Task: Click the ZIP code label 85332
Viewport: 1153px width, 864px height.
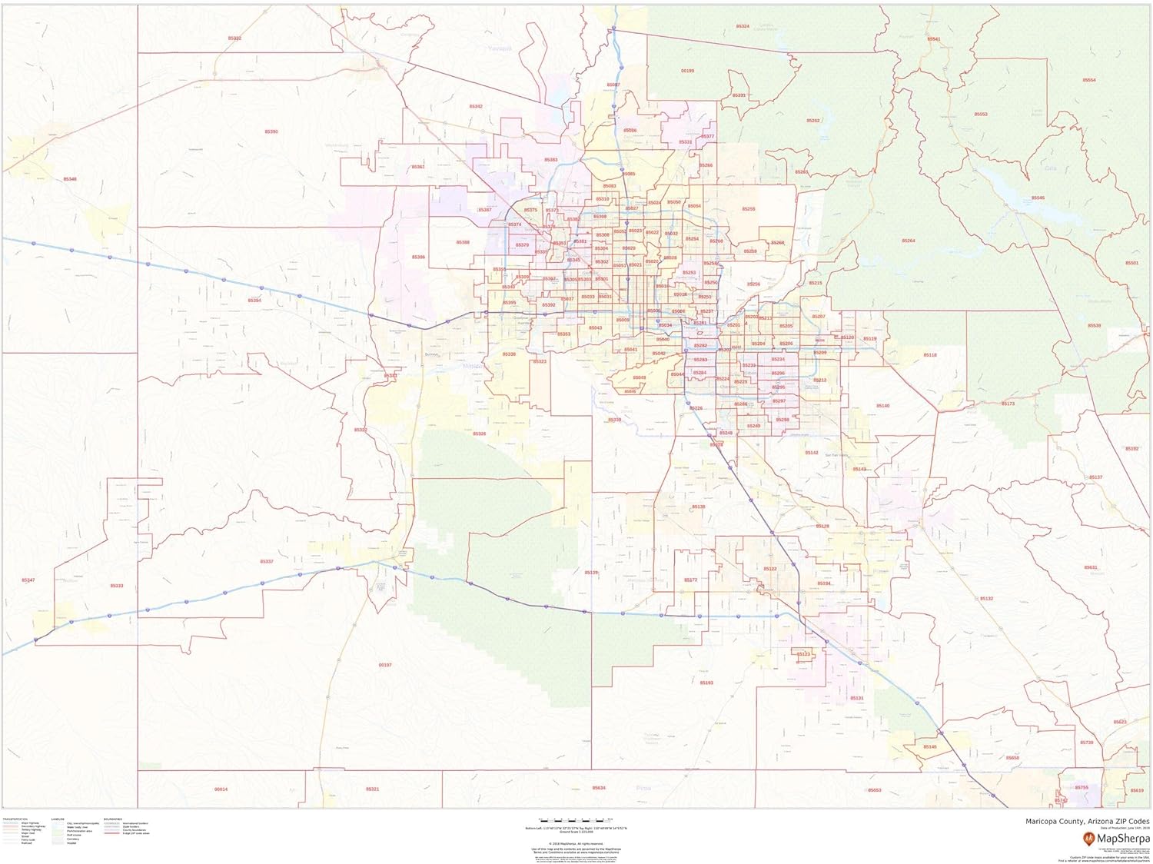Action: [x=234, y=38]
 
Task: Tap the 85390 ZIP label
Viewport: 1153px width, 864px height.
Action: [x=271, y=131]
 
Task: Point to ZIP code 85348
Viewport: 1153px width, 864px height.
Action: [x=70, y=179]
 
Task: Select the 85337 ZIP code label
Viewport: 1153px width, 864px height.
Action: [x=267, y=562]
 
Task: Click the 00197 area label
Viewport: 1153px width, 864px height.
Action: [x=385, y=665]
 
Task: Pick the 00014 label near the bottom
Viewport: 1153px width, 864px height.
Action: [x=221, y=789]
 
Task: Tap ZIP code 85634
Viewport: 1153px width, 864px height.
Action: [x=599, y=788]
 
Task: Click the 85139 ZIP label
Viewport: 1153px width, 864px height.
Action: [x=590, y=573]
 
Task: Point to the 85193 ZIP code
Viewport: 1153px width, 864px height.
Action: [x=706, y=683]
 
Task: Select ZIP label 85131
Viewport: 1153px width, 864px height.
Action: [x=857, y=698]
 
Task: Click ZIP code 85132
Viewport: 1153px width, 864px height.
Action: [x=986, y=598]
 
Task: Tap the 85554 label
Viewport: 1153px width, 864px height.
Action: [x=1089, y=80]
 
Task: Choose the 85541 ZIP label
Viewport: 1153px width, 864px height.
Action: [x=933, y=38]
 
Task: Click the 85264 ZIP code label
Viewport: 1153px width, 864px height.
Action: [x=909, y=241]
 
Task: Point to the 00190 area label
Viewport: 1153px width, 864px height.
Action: [x=687, y=71]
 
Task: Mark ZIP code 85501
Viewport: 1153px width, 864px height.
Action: [x=1131, y=263]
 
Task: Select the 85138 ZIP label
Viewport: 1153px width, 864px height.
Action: [x=698, y=507]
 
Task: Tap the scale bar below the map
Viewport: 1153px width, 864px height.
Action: [x=576, y=820]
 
